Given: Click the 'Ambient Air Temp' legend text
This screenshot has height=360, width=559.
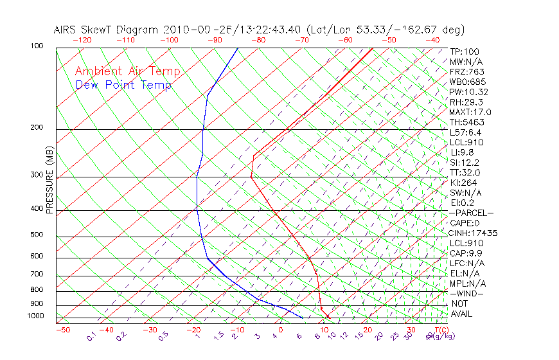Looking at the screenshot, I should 127,71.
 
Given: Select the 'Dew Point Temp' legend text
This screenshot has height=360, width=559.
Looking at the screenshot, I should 123,85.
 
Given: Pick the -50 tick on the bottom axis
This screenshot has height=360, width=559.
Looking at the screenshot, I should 62,330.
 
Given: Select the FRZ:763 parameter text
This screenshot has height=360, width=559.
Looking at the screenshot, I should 467,71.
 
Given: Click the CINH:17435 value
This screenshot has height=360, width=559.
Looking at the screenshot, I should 474,233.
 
